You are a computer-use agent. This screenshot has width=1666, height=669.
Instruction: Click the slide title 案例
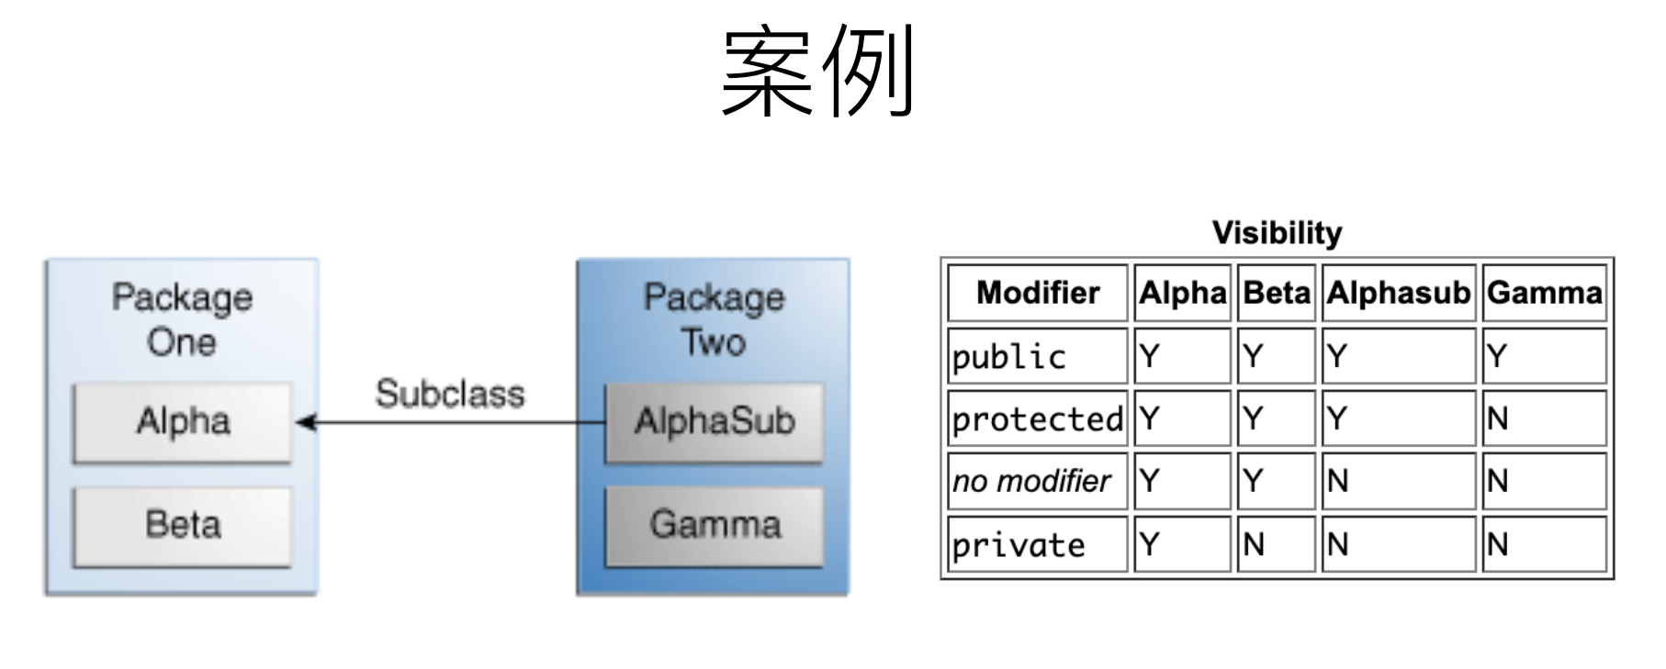[x=818, y=72]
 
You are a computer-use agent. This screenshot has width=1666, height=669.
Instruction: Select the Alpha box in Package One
[x=183, y=422]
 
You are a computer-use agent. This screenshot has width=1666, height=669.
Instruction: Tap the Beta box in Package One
[x=183, y=526]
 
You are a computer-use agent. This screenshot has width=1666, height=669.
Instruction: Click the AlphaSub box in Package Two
[x=714, y=422]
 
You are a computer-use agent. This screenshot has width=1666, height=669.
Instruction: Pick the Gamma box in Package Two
[x=714, y=526]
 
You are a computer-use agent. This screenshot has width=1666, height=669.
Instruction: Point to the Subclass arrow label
[x=450, y=394]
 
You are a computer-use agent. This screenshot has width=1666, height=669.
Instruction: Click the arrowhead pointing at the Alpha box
[x=306, y=422]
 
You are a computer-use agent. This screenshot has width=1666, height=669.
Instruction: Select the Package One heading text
[x=182, y=319]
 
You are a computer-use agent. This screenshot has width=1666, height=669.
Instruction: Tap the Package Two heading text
[x=714, y=319]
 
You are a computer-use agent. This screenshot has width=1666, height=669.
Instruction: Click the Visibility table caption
[x=1277, y=233]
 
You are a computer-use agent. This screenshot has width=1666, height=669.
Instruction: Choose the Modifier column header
[x=1038, y=293]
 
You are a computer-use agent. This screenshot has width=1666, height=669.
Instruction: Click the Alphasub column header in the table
[x=1398, y=293]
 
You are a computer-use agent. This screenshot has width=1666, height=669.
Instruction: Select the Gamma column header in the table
[x=1545, y=293]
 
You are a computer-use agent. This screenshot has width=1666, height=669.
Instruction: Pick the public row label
[x=1008, y=357]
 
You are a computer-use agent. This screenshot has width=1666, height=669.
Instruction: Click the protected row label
[x=1038, y=419]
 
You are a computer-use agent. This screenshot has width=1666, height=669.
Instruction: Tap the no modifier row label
[x=1031, y=481]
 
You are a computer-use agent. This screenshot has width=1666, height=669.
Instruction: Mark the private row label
[x=1018, y=545]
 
